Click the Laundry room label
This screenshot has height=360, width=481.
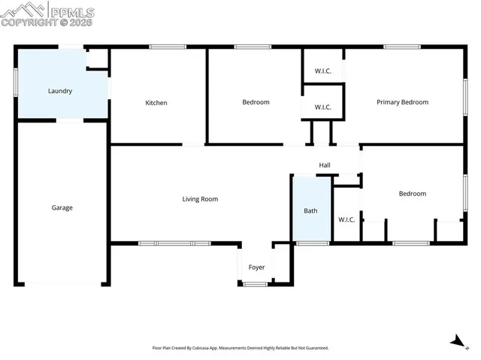pos(60,91)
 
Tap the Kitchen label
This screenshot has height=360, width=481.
pos(156,103)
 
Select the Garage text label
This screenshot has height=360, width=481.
pos(62,207)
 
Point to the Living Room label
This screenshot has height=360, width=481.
pos(200,199)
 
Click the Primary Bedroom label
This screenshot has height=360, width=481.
pos(402,102)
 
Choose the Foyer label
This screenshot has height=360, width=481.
pos(256,268)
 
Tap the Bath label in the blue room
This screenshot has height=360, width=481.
pos(310,211)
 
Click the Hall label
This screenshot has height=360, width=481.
pos(325,165)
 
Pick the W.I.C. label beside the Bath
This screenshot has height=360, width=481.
pos(346,219)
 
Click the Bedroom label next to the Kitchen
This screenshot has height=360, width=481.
pos(256,102)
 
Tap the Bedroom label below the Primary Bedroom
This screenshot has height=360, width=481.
pos(412,194)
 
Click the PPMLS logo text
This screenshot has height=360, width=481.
pos(72,11)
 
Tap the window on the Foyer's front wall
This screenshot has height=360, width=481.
pos(256,283)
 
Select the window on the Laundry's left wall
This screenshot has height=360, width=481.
pos(15,83)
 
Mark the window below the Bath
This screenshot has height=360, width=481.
pos(312,243)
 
